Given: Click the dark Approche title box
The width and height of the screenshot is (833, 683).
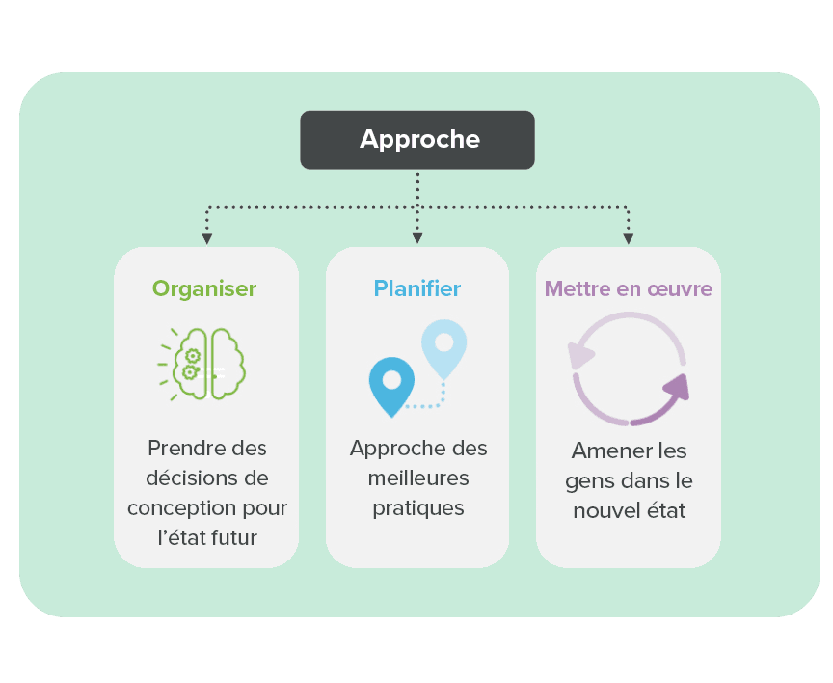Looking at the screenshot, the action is click(417, 140).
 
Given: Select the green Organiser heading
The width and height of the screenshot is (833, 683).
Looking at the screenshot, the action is click(204, 289).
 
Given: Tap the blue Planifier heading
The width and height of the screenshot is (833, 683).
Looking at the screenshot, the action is click(417, 288).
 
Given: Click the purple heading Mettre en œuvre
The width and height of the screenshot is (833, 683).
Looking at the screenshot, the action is click(629, 288).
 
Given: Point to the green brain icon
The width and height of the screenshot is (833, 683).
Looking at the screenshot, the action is click(202, 364).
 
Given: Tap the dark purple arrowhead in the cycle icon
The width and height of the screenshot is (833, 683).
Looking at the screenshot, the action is click(678, 388).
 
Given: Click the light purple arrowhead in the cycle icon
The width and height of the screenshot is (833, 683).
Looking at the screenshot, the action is click(579, 355).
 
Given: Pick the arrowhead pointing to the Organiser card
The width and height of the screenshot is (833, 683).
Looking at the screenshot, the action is click(207, 239).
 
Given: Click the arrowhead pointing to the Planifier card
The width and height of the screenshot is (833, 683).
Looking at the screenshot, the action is click(417, 238).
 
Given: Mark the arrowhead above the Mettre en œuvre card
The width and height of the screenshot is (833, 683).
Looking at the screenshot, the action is click(629, 239).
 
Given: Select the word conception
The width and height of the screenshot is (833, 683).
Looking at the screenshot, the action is click(181, 508).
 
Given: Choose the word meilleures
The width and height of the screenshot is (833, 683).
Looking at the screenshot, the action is click(418, 478).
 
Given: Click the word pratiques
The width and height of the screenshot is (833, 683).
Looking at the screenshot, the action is click(418, 508).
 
